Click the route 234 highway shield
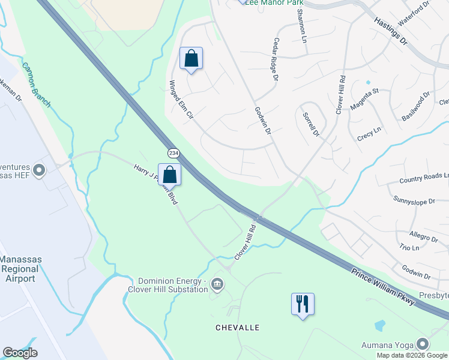click(173, 153)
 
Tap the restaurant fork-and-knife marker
click(303, 304)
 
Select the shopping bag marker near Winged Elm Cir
click(191, 59)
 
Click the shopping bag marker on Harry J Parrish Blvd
click(170, 175)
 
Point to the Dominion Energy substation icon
click(217, 284)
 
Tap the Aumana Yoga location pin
click(423, 344)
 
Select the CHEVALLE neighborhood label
click(238, 328)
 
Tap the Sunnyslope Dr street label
click(414, 199)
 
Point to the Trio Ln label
click(409, 247)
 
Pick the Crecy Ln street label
click(369, 131)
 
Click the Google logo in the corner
click(20, 353)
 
